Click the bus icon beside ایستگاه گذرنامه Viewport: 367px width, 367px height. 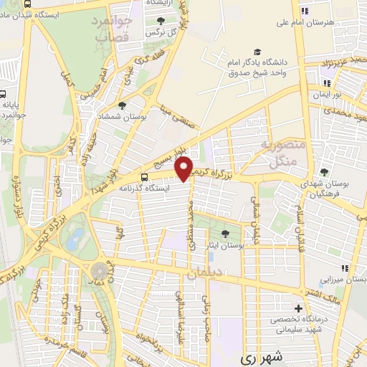[146, 176]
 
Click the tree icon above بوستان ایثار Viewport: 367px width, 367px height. [227, 233]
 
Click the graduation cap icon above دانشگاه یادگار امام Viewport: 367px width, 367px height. [257, 47]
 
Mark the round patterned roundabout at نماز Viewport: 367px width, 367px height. [100, 271]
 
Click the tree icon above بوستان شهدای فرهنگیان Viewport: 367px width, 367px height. [324, 173]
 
